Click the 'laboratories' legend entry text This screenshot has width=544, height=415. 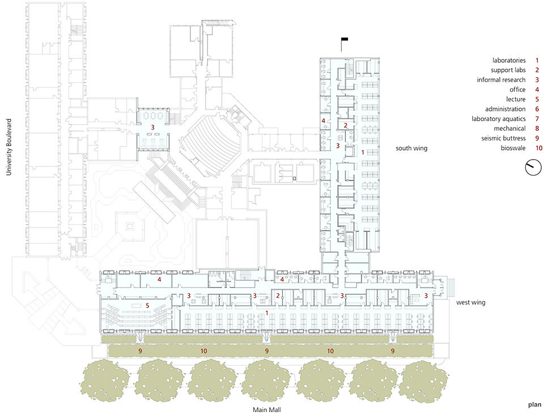click(x=509, y=61)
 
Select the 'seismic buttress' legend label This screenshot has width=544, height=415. click(x=503, y=138)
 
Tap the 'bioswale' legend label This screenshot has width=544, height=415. click(x=513, y=148)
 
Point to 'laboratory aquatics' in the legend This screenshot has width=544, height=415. click(x=498, y=119)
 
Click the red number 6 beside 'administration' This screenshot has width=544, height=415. click(x=537, y=109)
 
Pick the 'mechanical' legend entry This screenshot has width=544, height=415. click(x=509, y=129)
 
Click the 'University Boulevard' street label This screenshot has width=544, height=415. click(x=8, y=147)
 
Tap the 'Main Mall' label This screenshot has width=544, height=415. click(x=266, y=410)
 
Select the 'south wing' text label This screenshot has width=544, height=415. click(x=411, y=148)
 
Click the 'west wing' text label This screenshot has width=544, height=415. click(x=470, y=302)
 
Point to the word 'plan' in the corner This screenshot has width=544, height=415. click(x=534, y=405)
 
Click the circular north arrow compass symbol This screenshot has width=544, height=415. click(x=533, y=167)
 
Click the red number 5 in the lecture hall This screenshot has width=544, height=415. click(x=147, y=305)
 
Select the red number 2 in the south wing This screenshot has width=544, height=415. click(x=345, y=126)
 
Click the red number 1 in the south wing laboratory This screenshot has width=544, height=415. click(x=363, y=152)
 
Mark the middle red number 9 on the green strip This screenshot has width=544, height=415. click(x=267, y=351)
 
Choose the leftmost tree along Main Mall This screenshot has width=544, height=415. click(x=105, y=380)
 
